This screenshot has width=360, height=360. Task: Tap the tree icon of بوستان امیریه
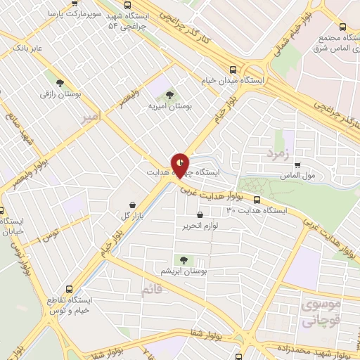pyautogui.click(x=169, y=94)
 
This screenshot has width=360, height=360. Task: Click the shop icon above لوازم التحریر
pyautogui.click(x=201, y=214)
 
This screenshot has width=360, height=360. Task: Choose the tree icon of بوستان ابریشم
pyautogui.click(x=184, y=260)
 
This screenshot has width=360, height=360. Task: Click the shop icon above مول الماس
pyautogui.click(x=298, y=165)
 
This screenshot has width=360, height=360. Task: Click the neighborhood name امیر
pyautogui.click(x=91, y=114)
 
